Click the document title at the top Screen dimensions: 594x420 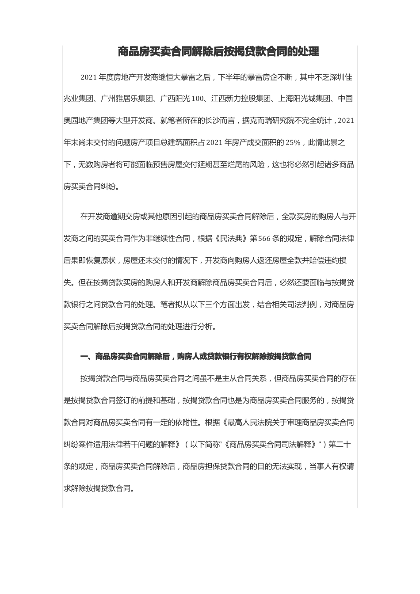click(x=218, y=52)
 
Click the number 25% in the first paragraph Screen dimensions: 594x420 click(x=293, y=142)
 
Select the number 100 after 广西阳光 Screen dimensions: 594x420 click(x=197, y=99)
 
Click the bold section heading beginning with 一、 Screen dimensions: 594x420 click(x=196, y=356)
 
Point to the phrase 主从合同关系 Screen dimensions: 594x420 click(x=244, y=378)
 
